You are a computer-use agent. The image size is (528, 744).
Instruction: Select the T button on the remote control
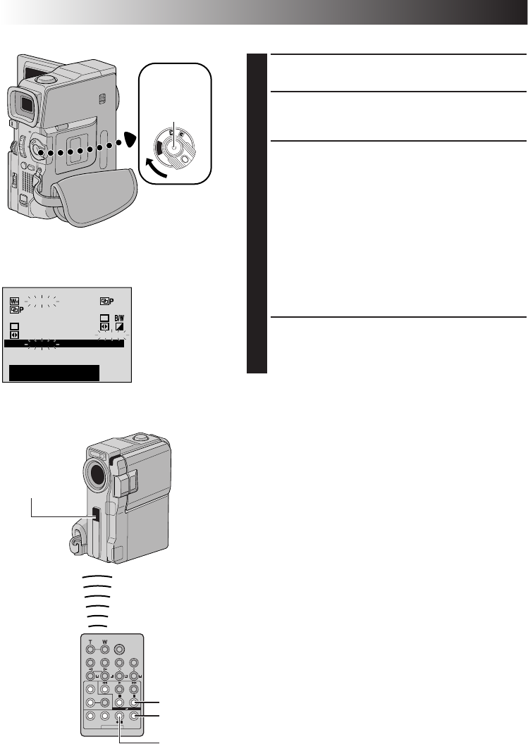click(x=90, y=649)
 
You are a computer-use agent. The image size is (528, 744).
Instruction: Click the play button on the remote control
click(x=118, y=689)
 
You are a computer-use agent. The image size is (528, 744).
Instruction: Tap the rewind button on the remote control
click(x=104, y=689)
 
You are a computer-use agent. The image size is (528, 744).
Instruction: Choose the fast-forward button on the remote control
click(x=133, y=689)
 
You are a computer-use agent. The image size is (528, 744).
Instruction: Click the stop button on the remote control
click(x=118, y=702)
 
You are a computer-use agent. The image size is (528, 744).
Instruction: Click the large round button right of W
click(x=118, y=650)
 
